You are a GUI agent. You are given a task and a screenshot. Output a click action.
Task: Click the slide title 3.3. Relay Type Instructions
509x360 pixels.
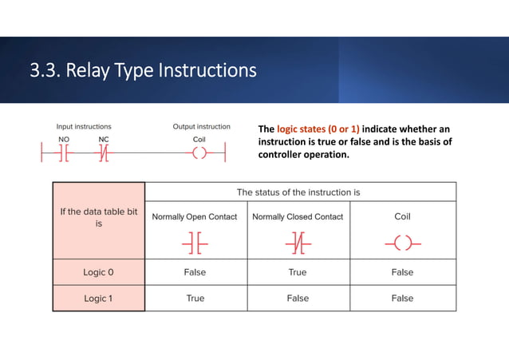(143, 71)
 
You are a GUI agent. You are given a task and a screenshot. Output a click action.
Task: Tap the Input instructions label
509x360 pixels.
(84, 127)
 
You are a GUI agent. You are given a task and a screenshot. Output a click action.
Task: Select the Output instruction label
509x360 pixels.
(202, 127)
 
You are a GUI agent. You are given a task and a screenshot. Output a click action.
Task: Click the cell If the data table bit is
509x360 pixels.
(99, 218)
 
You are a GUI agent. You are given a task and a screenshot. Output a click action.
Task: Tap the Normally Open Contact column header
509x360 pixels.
(195, 217)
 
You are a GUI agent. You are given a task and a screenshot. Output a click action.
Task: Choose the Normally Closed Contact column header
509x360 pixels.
(298, 217)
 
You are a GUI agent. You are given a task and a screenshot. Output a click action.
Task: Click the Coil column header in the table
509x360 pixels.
(402, 216)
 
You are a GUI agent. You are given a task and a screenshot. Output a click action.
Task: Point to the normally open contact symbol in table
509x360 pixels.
(195, 241)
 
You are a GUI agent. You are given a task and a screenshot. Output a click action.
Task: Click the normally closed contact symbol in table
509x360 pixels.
(298, 241)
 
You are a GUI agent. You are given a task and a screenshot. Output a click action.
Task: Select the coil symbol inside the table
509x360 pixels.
(402, 241)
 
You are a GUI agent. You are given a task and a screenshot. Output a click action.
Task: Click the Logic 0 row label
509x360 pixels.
(99, 272)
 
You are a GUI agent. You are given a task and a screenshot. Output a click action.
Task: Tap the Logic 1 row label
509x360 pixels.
(99, 298)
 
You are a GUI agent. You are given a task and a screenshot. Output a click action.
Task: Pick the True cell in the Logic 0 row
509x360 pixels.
(298, 272)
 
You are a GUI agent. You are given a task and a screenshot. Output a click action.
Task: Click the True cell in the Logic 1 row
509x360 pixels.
(195, 298)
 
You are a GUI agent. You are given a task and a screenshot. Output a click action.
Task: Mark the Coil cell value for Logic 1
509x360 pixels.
(402, 298)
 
